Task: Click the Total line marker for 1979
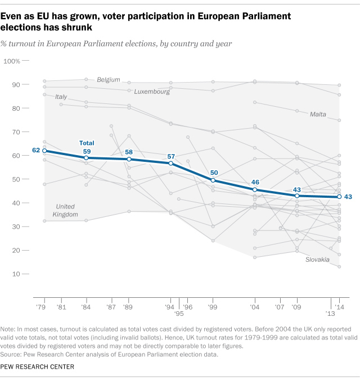[44, 151]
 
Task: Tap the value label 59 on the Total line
[86, 151]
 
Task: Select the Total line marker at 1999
[213, 180]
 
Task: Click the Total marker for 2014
[339, 197]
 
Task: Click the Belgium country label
[109, 80]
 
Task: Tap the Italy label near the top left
[61, 97]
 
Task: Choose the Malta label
[318, 115]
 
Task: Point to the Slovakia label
[318, 260]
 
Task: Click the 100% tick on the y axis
[28, 60]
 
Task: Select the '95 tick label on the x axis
[179, 314]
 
